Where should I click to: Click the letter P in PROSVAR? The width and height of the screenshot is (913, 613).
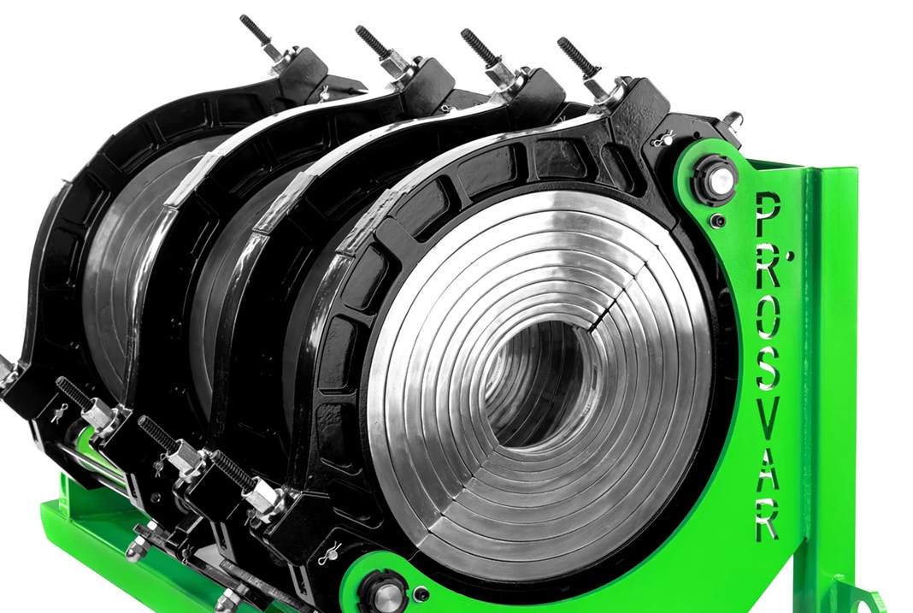click(767, 215)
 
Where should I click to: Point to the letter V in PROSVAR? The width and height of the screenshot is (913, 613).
click(768, 420)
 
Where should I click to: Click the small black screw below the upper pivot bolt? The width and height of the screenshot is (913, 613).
click(720, 221)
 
